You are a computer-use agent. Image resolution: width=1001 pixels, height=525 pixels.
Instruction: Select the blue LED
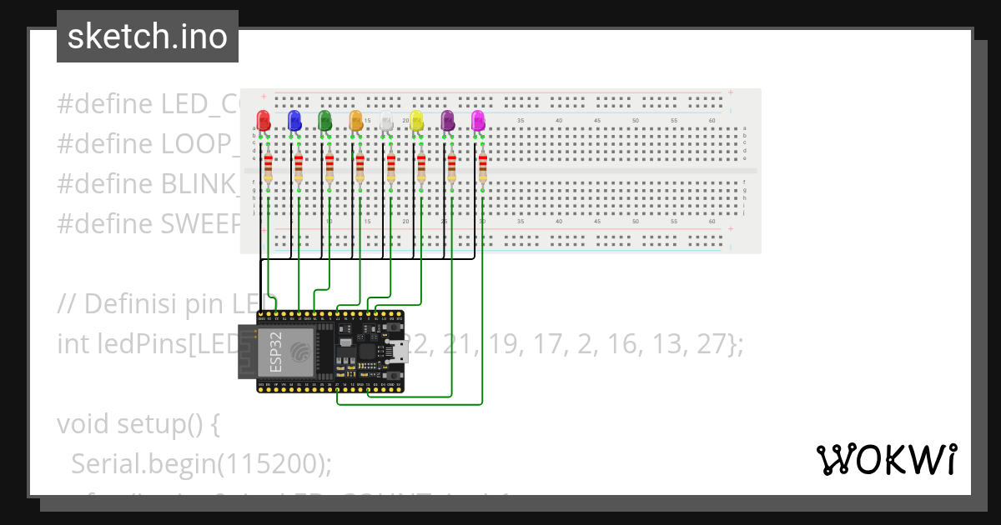click(x=294, y=120)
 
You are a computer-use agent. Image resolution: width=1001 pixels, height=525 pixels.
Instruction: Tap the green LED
click(x=324, y=120)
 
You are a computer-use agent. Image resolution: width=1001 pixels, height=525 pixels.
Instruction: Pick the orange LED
click(x=355, y=120)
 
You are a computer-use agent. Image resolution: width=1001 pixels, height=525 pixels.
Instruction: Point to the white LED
click(x=386, y=122)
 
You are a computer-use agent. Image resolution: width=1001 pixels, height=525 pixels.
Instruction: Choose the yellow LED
click(x=416, y=122)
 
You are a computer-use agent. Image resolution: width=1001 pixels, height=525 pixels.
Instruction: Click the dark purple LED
click(x=447, y=120)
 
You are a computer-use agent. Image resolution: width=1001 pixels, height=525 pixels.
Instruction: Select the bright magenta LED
click(x=478, y=120)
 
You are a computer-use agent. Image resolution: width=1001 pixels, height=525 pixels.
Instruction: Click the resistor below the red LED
click(x=268, y=167)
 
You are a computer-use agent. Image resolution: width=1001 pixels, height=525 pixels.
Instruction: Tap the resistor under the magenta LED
click(x=482, y=167)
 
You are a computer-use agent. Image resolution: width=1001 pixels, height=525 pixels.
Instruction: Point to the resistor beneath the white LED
click(x=390, y=167)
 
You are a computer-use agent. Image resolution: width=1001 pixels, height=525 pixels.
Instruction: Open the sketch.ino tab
click(x=148, y=37)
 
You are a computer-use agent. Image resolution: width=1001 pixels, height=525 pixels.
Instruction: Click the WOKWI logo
click(x=886, y=459)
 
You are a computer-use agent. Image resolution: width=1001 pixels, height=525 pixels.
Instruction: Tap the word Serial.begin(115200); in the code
click(x=201, y=463)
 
